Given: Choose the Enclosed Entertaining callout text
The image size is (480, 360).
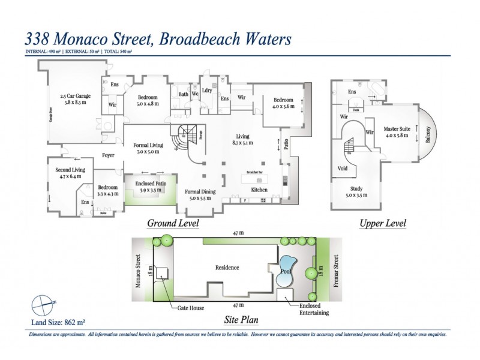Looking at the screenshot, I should click(x=314, y=308).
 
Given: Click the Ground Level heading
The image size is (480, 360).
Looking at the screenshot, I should click(x=173, y=224).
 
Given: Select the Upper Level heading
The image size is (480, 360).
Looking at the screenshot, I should click(x=382, y=224).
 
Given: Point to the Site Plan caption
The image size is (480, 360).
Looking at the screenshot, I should click(x=241, y=320).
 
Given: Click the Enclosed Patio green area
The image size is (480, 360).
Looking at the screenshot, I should click(x=150, y=193).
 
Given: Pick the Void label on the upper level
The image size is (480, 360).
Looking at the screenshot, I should click(x=343, y=169).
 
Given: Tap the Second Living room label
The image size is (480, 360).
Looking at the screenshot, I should click(x=70, y=173).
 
